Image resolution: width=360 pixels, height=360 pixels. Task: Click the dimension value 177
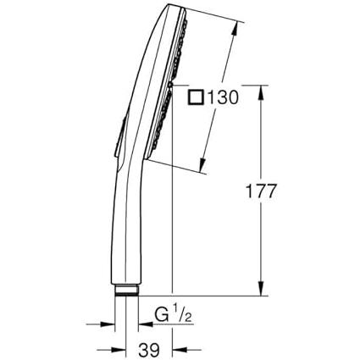[260, 191]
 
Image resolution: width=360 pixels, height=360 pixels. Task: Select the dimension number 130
[223, 97]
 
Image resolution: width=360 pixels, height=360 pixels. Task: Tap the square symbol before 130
[197, 97]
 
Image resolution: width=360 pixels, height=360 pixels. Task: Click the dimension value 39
[149, 350]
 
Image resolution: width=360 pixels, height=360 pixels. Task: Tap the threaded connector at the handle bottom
[126, 291]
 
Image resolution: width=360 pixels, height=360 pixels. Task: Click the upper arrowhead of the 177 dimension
[261, 92]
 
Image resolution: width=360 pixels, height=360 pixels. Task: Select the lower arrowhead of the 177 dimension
[261, 288]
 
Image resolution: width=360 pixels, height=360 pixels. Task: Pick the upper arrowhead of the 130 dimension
[234, 29]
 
